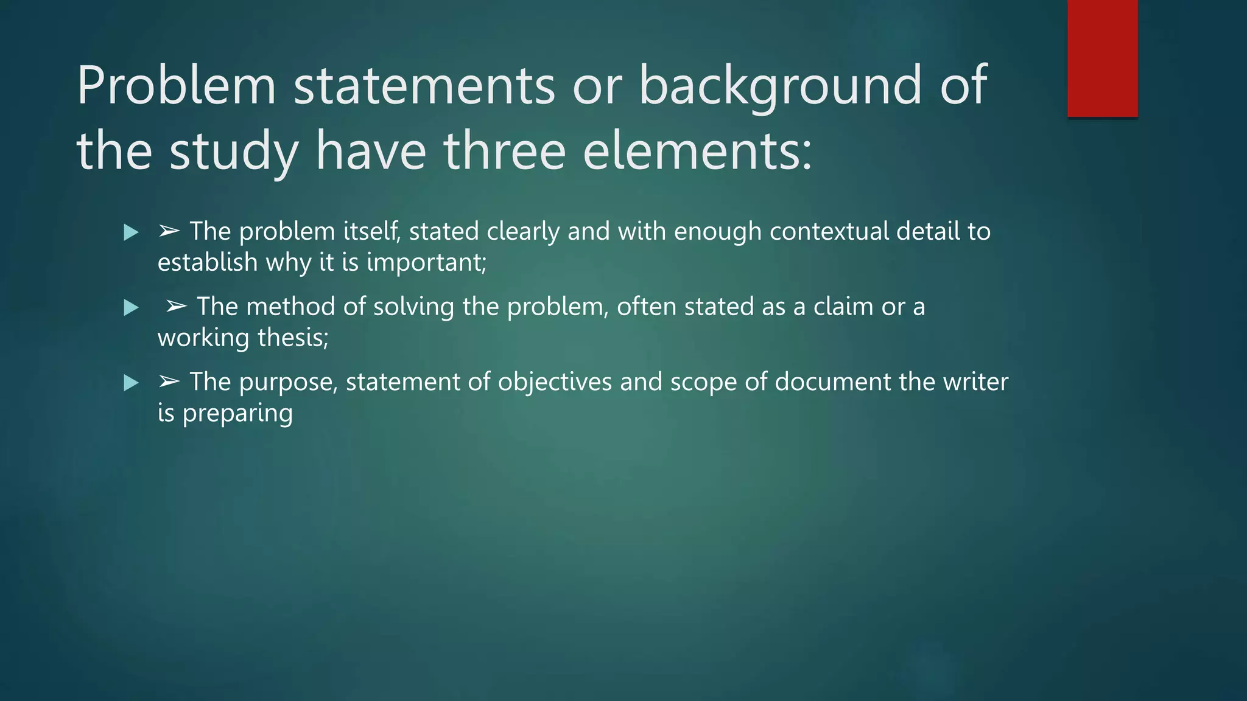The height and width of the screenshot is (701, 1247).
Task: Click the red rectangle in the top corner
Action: point(1102,58)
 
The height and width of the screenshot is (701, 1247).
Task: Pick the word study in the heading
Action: point(234,152)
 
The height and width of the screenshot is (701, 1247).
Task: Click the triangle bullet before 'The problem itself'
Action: point(131,232)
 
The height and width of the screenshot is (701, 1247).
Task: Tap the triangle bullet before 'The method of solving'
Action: point(131,308)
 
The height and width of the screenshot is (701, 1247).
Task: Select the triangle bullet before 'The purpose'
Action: point(131,383)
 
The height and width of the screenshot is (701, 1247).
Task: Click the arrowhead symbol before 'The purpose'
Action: point(169,382)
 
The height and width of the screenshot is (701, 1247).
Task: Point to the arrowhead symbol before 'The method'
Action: point(177,307)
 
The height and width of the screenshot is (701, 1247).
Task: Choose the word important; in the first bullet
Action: point(427,263)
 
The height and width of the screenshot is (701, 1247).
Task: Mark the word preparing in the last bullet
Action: point(237,414)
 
